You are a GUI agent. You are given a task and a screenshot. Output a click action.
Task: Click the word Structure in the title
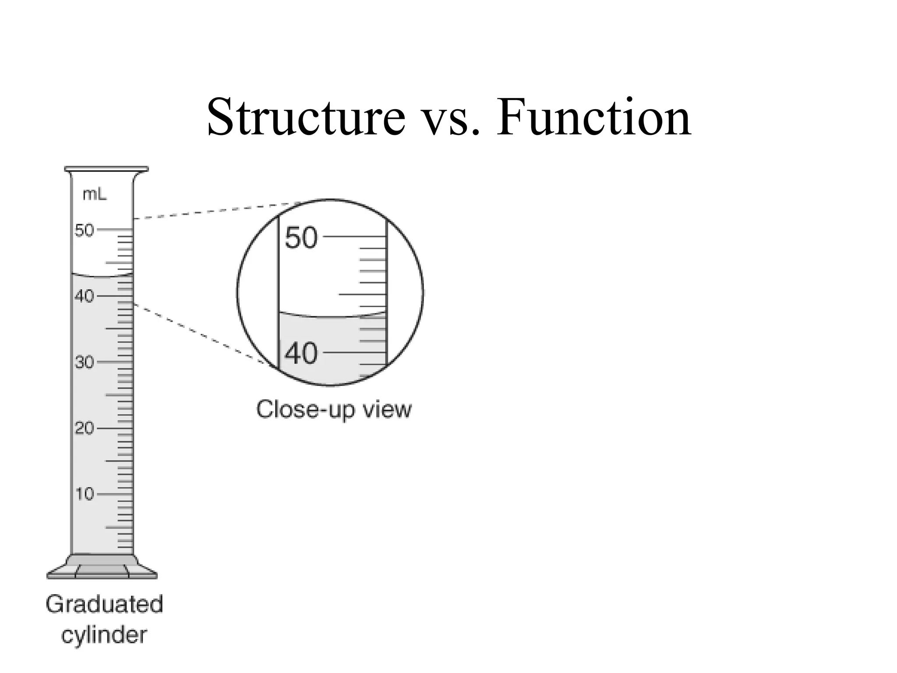pos(306,117)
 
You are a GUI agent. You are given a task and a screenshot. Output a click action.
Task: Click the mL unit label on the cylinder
pos(95,195)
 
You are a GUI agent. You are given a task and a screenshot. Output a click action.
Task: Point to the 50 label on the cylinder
pos(84,230)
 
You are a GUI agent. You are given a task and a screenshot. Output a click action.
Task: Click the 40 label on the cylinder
pos(84,297)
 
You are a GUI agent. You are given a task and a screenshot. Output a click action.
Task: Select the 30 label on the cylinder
pos(84,363)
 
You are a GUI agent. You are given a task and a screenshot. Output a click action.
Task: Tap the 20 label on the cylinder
pos(84,429)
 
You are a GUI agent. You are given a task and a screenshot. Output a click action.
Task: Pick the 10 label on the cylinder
pos(84,494)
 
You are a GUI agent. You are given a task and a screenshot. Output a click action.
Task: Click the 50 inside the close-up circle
pos(301,238)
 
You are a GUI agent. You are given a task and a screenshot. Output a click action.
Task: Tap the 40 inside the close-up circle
pos(301,353)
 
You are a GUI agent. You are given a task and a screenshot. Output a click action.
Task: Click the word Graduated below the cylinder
pos(104,604)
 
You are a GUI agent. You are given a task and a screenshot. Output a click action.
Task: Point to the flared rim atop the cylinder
pos(106,170)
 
